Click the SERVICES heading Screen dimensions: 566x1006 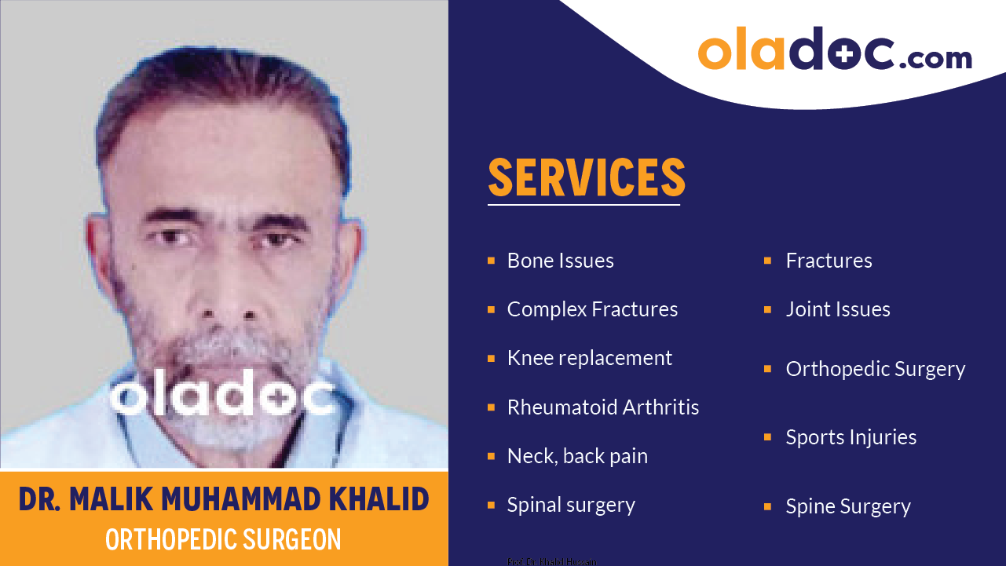pos(586,177)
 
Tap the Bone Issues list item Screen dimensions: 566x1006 pos(560,261)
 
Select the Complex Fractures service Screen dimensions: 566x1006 pos(592,309)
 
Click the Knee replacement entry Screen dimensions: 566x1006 pos(589,358)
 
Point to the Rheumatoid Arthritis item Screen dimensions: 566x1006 pos(602,407)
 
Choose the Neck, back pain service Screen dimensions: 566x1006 pos(577,456)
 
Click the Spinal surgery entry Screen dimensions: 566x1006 pos(571,505)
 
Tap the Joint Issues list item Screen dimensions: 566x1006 pos(837,309)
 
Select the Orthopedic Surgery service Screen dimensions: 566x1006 pos(875,369)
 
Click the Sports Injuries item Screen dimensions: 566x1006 pos(851,437)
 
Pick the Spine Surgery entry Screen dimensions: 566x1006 pos(847,506)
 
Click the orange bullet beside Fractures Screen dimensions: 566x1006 pos(767,260)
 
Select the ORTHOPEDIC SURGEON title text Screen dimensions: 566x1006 pos(223,539)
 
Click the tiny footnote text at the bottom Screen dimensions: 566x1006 pos(551,561)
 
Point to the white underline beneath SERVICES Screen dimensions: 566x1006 pos(583,205)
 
